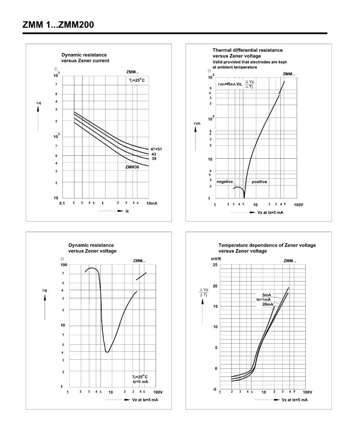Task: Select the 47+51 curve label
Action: coord(156,149)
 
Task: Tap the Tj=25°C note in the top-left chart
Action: coord(136,80)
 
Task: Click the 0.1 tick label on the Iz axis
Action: coord(62,204)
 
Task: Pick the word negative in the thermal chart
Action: coord(225,182)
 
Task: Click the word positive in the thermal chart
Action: coord(259,182)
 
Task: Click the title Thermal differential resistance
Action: coord(247,50)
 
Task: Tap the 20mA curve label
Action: coord(267,304)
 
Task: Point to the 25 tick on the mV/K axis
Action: coord(215,265)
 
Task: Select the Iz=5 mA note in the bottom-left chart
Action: coord(140,382)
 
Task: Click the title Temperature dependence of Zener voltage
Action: coord(267,245)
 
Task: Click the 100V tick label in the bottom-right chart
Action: coord(307,392)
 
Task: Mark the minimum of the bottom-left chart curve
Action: coord(107,352)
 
